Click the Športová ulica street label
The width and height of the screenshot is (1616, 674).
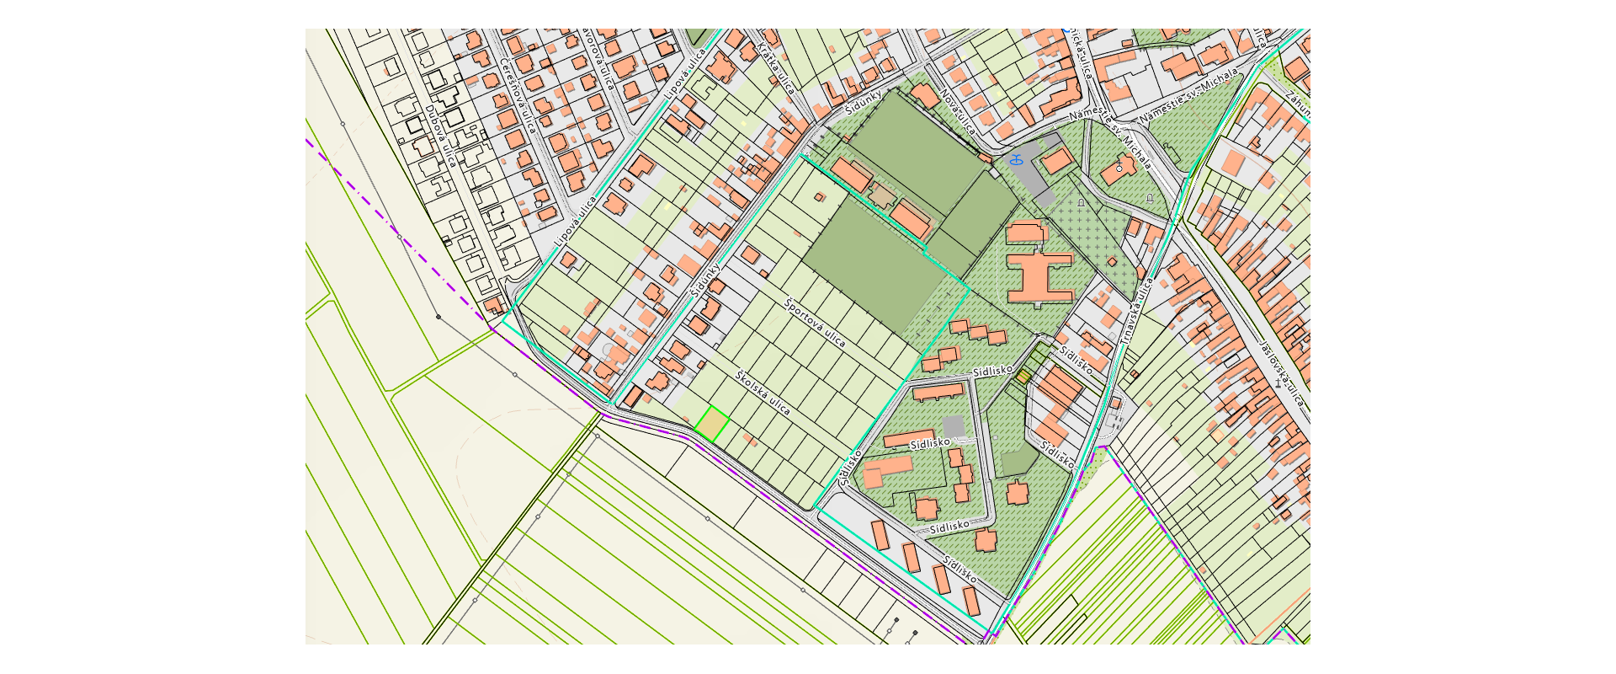(814, 323)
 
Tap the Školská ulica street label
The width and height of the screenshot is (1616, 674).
(763, 393)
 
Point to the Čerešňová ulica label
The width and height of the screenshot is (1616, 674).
(517, 95)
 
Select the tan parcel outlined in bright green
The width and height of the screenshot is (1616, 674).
(712, 424)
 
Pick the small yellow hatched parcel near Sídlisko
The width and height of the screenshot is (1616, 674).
(1023, 377)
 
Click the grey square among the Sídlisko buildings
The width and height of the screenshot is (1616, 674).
(953, 426)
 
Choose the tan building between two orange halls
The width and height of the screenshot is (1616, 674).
(881, 196)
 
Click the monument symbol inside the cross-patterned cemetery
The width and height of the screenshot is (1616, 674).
(1082, 203)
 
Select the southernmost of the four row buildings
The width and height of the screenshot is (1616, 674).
(971, 602)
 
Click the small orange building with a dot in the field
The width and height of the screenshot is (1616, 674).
(820, 197)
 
